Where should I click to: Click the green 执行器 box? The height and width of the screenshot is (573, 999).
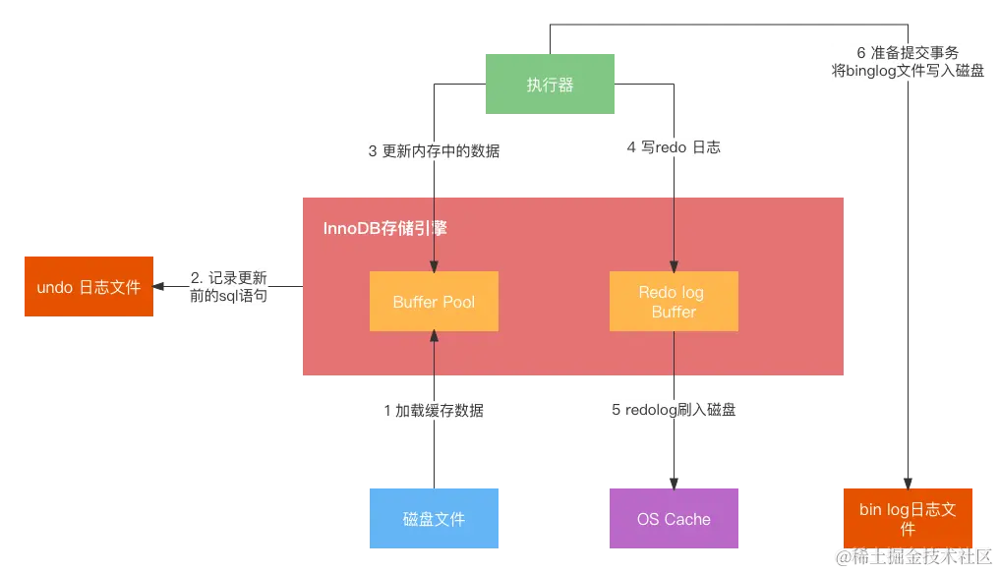[550, 85]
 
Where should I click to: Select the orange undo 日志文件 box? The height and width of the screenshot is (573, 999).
[88, 287]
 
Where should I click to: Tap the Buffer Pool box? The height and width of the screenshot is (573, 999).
[434, 302]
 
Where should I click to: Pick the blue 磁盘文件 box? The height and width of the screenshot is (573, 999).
[434, 518]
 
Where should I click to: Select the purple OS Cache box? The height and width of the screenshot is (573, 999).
[674, 518]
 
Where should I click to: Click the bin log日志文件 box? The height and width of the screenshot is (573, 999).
[908, 517]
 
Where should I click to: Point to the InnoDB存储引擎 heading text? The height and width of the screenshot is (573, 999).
[385, 228]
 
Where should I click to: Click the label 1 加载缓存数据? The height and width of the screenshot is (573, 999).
[434, 411]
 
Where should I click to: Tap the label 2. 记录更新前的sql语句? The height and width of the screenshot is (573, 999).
[228, 286]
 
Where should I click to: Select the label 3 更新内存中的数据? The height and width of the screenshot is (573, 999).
[434, 151]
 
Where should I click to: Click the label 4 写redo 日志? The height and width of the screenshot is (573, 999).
[674, 147]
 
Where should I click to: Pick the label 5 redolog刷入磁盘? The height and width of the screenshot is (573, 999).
[674, 411]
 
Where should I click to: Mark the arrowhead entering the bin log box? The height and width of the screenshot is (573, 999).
[907, 481]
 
